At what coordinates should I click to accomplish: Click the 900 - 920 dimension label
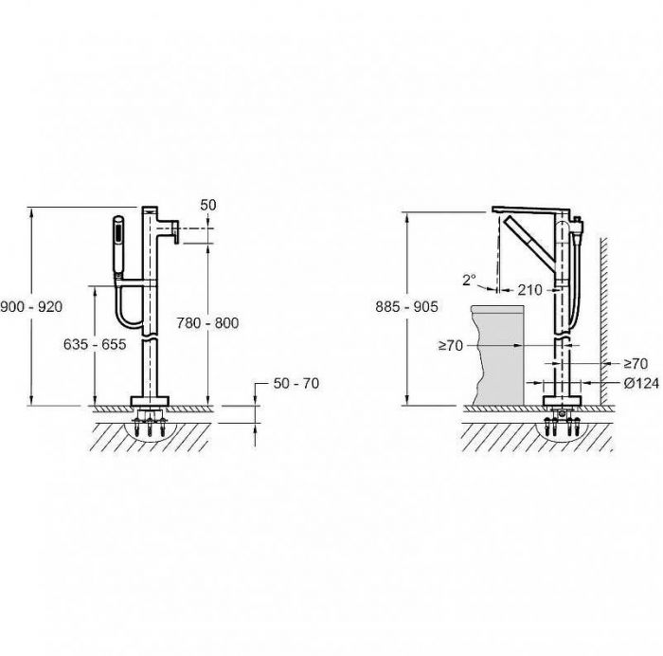point(31,306)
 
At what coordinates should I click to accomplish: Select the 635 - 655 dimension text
point(95,344)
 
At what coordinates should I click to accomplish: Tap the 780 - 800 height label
point(207,323)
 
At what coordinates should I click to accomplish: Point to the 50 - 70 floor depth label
point(296,383)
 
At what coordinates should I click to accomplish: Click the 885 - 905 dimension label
point(406,306)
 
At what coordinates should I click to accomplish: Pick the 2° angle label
point(469,280)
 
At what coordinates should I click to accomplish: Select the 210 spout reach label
point(529,290)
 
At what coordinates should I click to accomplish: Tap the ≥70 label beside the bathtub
point(451,346)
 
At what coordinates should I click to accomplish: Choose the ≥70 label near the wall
point(636,363)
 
